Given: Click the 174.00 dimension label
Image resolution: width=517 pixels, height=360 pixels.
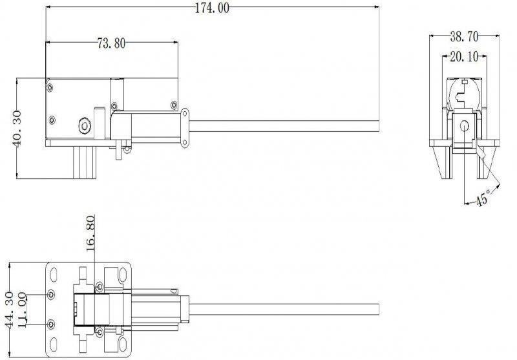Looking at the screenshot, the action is pyautogui.click(x=212, y=8).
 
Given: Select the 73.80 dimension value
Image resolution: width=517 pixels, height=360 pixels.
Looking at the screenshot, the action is pyautogui.click(x=111, y=43).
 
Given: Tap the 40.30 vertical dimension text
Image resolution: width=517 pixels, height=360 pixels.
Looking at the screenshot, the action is pyautogui.click(x=16, y=129).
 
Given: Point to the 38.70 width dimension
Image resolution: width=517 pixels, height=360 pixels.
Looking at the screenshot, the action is pyautogui.click(x=464, y=37).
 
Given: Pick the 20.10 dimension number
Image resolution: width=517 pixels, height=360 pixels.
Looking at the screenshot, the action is pyautogui.click(x=464, y=57).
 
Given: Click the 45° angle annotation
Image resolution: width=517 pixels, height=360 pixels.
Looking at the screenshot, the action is pyautogui.click(x=482, y=198).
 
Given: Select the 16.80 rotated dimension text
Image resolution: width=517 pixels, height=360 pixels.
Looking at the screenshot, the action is pyautogui.click(x=90, y=233).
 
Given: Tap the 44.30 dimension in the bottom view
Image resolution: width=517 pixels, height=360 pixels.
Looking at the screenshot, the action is pyautogui.click(x=10, y=310).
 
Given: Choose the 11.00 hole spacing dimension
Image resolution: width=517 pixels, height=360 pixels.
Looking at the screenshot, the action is pyautogui.click(x=22, y=310).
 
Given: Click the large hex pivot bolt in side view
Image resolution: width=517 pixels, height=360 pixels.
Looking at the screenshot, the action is pyautogui.click(x=85, y=125).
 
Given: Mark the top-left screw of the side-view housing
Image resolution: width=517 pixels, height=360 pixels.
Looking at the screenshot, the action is pyautogui.click(x=50, y=88).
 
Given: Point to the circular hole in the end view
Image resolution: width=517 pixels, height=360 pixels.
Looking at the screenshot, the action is pyautogui.click(x=464, y=125).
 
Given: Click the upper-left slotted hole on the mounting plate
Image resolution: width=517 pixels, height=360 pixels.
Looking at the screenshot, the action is pyautogui.click(x=53, y=275).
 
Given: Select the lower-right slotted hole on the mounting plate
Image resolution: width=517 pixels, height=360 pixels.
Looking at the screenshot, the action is pyautogui.click(x=122, y=344).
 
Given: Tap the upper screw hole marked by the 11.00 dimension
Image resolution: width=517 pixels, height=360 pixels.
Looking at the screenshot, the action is pyautogui.click(x=51, y=294).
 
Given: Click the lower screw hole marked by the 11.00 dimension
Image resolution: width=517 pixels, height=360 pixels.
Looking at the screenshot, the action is pyautogui.click(x=51, y=324).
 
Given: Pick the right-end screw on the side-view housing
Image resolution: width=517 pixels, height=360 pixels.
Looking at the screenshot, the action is pyautogui.click(x=174, y=105).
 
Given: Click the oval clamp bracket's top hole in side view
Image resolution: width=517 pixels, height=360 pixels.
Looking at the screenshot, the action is pyautogui.click(x=185, y=114).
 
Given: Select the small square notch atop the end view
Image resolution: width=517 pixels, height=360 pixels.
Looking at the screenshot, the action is pyautogui.click(x=465, y=81).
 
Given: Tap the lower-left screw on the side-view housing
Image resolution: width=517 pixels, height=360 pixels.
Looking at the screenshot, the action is pyautogui.click(x=52, y=120).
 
